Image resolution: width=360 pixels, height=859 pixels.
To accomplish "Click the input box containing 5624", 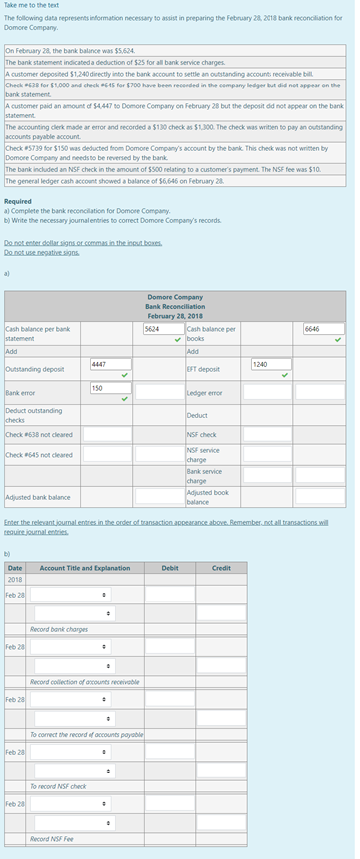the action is [158, 328].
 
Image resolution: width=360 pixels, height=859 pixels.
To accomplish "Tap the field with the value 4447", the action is [109, 365].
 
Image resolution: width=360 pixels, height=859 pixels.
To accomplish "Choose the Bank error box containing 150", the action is [109, 388].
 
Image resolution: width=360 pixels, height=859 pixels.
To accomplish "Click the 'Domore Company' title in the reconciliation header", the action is [174, 296].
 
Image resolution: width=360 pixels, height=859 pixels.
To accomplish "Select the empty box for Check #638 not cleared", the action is [106, 433].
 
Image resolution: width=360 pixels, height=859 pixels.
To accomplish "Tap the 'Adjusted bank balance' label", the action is [38, 496].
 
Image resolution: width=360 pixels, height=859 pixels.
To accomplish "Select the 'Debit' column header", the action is [170, 568].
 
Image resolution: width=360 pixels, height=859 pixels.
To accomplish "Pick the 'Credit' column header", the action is [221, 568].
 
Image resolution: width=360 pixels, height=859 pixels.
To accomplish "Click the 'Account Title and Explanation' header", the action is [85, 568].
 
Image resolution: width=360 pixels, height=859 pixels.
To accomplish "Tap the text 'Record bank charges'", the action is [59, 630].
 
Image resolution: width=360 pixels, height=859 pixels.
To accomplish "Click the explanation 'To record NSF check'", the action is [58, 786].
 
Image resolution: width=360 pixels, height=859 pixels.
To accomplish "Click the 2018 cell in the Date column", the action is [15, 579].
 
